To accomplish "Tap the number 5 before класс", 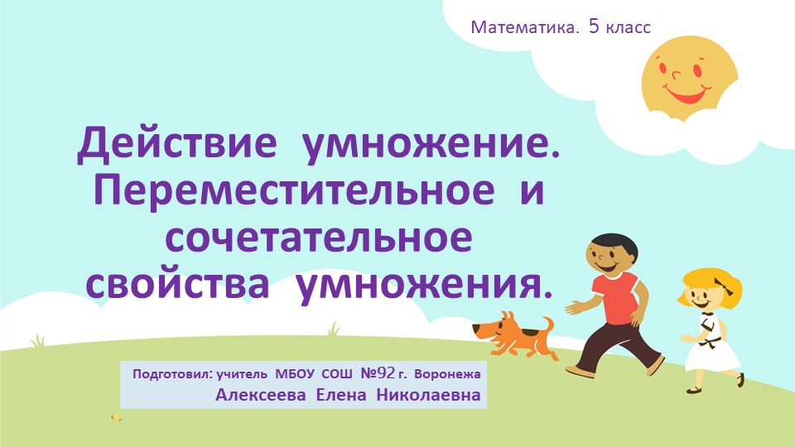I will (595, 26).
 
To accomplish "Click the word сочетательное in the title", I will (319, 238).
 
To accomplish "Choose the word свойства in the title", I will (178, 283).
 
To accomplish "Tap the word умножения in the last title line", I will (423, 283).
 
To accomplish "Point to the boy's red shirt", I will (614, 299).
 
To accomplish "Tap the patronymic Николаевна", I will (428, 395).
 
